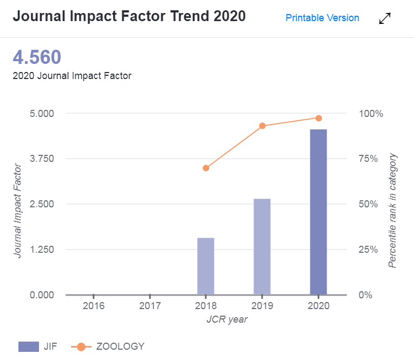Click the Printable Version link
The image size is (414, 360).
click(322, 18)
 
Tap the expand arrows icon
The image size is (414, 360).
click(385, 18)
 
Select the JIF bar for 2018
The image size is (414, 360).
click(206, 266)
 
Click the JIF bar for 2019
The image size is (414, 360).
click(262, 247)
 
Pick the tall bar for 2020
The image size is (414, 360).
click(319, 212)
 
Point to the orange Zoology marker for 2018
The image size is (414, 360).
click(206, 168)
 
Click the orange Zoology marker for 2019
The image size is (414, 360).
click(262, 126)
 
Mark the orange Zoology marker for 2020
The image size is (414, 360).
click(319, 118)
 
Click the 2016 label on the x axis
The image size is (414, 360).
click(93, 306)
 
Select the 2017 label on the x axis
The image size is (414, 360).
click(150, 306)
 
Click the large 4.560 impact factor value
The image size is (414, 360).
click(37, 57)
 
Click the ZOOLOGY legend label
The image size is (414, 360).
click(120, 346)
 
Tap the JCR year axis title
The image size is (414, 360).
click(227, 319)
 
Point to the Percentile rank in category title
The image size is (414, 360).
click(393, 210)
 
